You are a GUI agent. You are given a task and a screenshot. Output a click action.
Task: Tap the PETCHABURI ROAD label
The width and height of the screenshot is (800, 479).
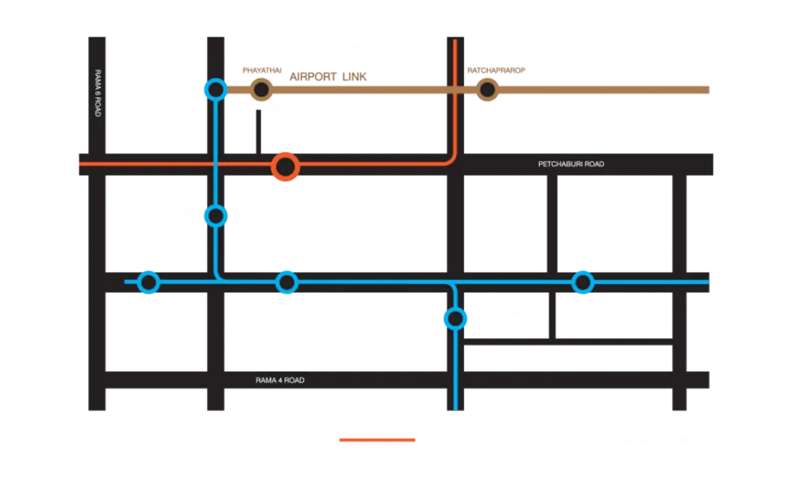pos(571,164)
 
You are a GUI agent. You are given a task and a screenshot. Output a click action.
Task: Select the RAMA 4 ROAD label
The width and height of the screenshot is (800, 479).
pos(280,381)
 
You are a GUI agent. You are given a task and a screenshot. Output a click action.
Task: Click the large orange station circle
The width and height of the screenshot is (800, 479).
pos(285,168)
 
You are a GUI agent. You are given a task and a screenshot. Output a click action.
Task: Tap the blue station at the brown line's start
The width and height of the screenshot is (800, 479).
pos(214,90)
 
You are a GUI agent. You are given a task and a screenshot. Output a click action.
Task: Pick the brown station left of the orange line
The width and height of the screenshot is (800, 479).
pos(261,90)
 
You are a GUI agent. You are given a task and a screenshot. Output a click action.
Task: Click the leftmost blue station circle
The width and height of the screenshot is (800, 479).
pos(149,282)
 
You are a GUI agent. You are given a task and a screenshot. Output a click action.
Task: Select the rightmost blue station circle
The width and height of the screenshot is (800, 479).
pos(582,282)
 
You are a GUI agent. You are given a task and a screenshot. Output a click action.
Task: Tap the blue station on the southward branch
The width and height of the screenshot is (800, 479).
pos(455,319)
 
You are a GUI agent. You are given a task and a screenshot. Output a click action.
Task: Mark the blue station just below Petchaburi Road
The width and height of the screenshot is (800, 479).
pos(215,215)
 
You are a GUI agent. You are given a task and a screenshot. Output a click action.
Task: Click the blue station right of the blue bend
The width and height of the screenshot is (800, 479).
pos(286,282)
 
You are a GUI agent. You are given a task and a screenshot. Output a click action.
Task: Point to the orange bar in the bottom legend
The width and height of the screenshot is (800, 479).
pos(376,440)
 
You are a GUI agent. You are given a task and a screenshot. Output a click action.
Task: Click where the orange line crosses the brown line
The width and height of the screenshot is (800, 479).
pos(455,90)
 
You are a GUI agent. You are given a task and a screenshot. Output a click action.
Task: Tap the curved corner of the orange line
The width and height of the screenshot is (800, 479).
pos(450,159)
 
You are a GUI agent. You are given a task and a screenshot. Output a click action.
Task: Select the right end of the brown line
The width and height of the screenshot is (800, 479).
pos(707,90)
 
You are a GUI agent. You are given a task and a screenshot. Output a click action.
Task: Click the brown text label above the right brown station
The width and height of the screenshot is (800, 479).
pos(498,70)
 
